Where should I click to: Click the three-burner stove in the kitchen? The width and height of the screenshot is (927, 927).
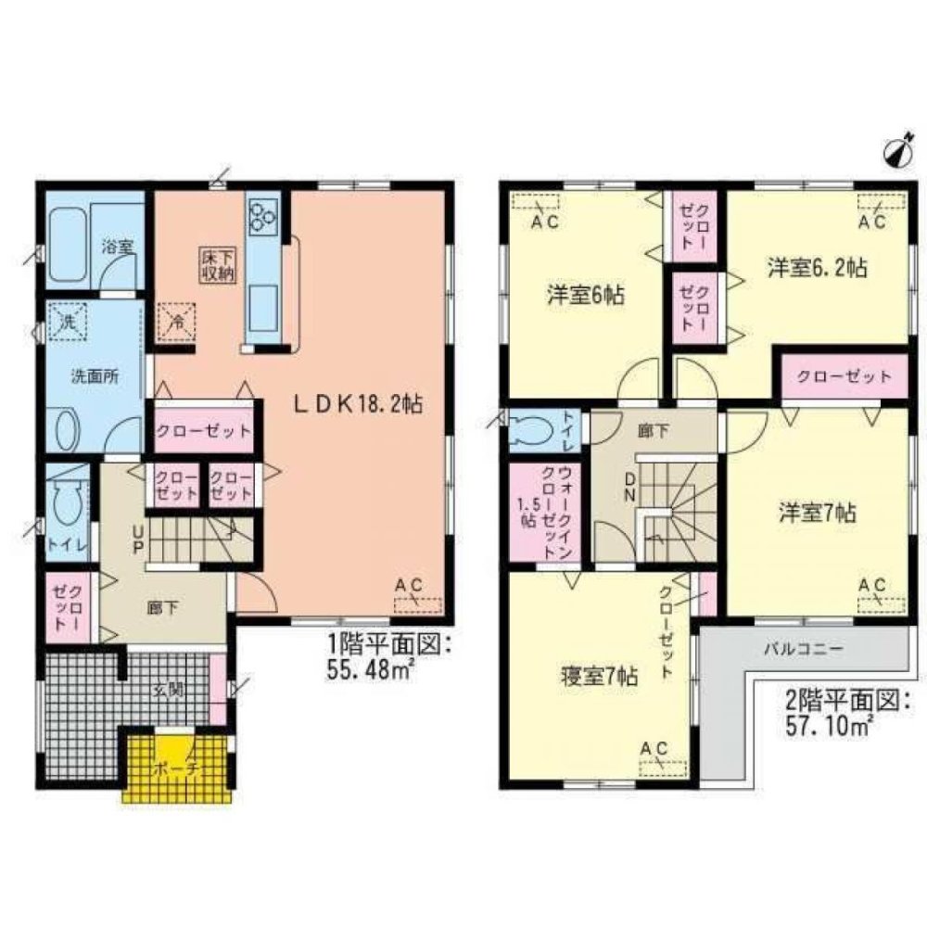click(260, 217)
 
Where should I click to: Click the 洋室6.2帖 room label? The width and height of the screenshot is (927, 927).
click(817, 269)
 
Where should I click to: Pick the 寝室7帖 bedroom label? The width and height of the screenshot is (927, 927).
click(597, 675)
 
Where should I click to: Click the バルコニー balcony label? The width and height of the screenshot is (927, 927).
click(804, 649)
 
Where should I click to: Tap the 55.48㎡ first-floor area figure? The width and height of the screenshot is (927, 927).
click(370, 670)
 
